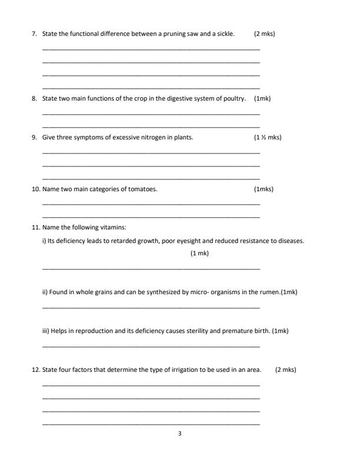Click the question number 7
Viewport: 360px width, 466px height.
point(34,34)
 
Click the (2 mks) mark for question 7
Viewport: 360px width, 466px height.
point(264,34)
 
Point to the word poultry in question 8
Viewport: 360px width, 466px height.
point(235,98)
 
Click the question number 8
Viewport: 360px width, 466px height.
point(34,98)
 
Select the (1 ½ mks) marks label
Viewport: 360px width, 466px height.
point(267,138)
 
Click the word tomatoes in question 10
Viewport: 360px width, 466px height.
point(144,189)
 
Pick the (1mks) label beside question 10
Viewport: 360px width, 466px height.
point(264,189)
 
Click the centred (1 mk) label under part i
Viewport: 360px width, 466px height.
point(199,253)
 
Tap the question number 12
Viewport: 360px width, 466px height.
point(35,370)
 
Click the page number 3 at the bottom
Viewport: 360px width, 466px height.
point(179,434)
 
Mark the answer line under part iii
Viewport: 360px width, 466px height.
point(151,346)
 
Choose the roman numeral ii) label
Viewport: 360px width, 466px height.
point(45,292)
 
